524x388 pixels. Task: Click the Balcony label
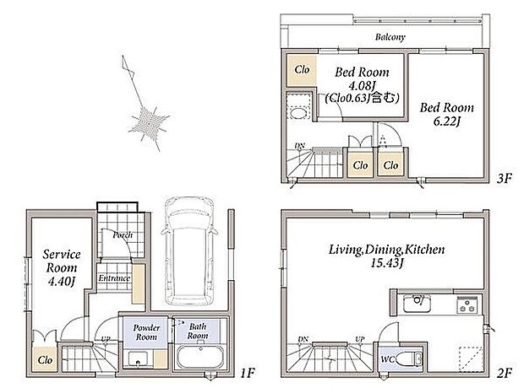(x=390, y=37)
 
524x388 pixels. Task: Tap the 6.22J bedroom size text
(x=447, y=121)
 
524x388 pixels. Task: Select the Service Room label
(x=62, y=261)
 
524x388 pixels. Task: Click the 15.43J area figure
(x=386, y=263)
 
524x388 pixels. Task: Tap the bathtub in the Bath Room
(x=200, y=357)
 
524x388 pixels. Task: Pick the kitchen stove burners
(x=467, y=304)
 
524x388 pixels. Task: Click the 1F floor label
(x=248, y=373)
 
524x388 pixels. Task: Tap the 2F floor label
(x=504, y=373)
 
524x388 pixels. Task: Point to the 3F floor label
(x=504, y=179)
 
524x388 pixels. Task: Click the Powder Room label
(x=146, y=332)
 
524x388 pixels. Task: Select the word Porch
(x=123, y=235)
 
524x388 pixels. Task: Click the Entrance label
(x=114, y=278)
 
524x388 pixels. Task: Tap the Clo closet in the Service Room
(x=45, y=359)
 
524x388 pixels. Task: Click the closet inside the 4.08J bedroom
(x=302, y=70)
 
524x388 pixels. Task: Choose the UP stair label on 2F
(x=359, y=339)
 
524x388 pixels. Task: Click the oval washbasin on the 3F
(x=298, y=113)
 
